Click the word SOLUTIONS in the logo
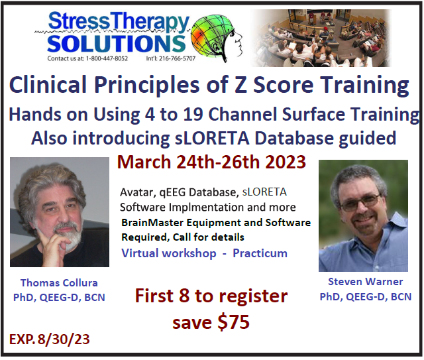click(117, 43)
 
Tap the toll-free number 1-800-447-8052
click(107, 58)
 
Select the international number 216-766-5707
click(177, 58)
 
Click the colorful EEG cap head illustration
click(217, 38)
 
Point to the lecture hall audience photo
click(321, 38)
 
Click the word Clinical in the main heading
click(48, 84)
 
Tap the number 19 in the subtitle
click(193, 114)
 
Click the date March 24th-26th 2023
click(211, 162)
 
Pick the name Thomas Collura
click(59, 283)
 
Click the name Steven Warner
click(365, 282)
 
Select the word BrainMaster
click(152, 223)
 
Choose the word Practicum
click(260, 254)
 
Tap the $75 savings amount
click(233, 322)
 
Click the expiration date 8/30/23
click(64, 339)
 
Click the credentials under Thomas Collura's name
click(59, 298)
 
